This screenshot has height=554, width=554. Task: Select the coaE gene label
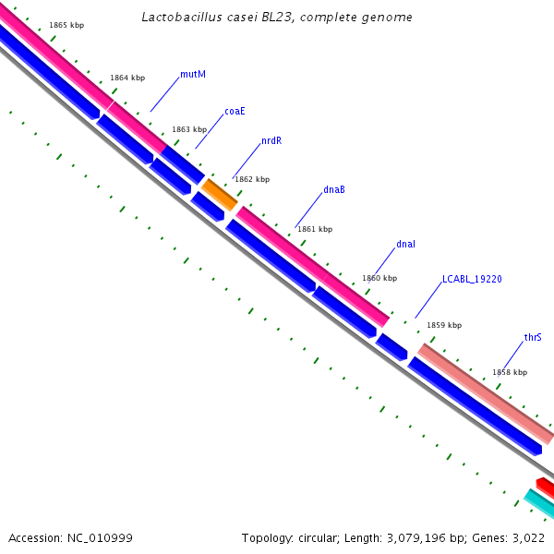[x=235, y=111]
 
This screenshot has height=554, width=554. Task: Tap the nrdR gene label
[x=271, y=141]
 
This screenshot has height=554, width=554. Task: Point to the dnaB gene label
[x=334, y=190]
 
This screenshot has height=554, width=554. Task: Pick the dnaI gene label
[x=406, y=244]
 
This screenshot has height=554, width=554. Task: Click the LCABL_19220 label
[x=472, y=278]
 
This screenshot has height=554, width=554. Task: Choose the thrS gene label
[x=533, y=337]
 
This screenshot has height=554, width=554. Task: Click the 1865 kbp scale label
[x=66, y=25]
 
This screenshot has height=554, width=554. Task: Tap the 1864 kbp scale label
[x=127, y=78]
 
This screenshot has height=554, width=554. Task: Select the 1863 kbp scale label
[x=189, y=130]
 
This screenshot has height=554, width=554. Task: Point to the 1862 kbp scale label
[x=252, y=179]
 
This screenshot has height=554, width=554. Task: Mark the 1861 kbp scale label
[x=314, y=229]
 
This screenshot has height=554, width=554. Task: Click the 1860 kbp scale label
[x=379, y=278]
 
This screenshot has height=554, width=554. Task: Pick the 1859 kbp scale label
[x=443, y=325]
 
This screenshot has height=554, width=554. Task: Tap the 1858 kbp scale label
[x=510, y=372]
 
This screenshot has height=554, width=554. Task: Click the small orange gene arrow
[x=220, y=194]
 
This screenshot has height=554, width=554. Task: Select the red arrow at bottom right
[x=546, y=486]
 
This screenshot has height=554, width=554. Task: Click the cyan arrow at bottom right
[x=539, y=504]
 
